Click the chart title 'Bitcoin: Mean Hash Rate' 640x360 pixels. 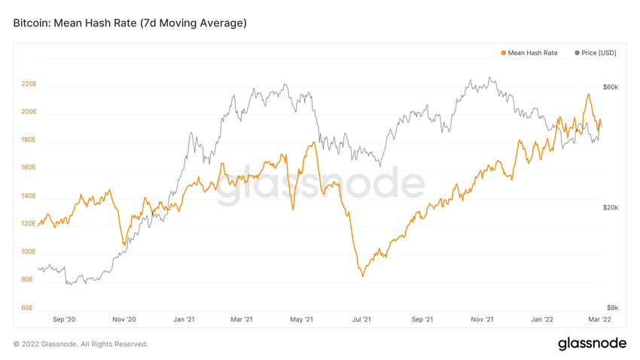point(130,23)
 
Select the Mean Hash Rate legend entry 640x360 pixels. point(529,53)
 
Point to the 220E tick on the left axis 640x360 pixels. point(29,84)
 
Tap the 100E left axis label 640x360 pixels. point(29,252)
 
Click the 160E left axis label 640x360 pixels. point(29,167)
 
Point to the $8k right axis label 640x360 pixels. point(612,307)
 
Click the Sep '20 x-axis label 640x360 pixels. point(66,319)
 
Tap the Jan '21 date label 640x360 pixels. point(184,319)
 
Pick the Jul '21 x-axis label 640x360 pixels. point(362,319)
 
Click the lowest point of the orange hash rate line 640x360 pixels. point(363,276)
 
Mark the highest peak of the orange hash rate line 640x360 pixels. point(587,94)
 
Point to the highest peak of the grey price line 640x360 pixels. point(489,78)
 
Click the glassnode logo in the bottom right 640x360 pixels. point(592,343)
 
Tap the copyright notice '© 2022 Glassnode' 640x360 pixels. point(81,344)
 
